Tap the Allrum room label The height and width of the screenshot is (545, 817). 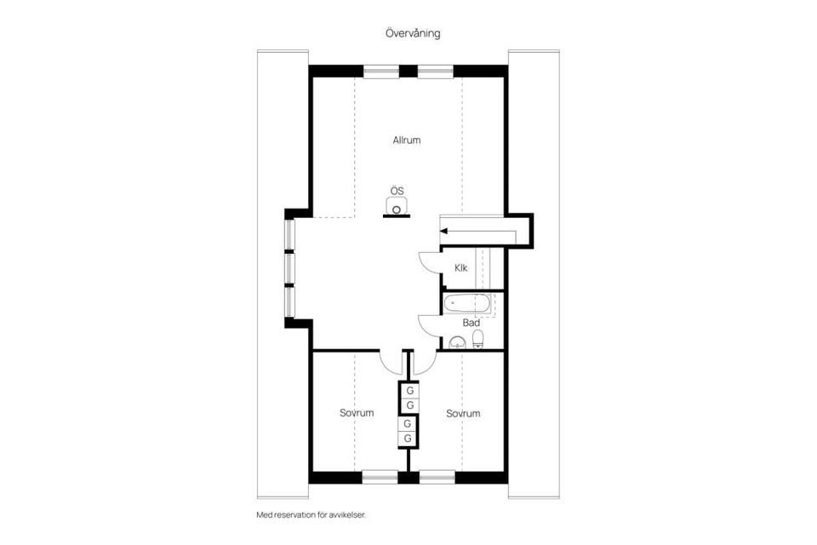407,141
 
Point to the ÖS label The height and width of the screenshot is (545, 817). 397,191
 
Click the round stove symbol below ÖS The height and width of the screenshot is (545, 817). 397,207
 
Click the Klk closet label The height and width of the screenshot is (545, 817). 460,267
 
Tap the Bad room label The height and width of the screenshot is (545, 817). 471,323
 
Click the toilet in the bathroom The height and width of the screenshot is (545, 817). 477,341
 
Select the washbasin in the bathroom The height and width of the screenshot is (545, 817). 457,343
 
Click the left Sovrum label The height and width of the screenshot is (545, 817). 357,413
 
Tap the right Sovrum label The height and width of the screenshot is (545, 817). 463,413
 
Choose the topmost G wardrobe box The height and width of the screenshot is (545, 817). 409,391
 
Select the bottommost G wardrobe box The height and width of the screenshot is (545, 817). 408,438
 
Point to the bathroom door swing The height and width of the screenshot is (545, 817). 429,327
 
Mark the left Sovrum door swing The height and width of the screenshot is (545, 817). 391,363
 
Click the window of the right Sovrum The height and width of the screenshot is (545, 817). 437,477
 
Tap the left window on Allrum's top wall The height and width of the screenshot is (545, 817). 380,72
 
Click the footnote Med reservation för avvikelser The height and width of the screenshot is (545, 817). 316,515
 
